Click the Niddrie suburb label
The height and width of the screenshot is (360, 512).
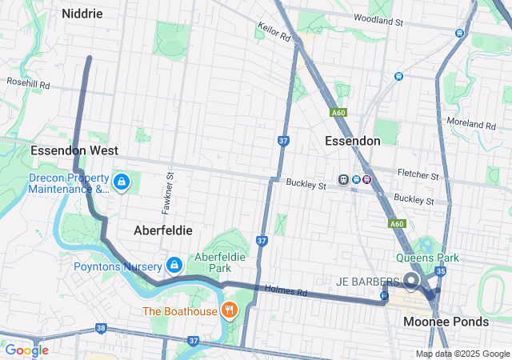82,13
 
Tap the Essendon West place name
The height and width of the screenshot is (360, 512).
74,150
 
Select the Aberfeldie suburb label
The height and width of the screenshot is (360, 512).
162,230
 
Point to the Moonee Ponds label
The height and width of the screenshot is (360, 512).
446,322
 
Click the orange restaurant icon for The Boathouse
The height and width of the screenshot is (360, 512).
230,310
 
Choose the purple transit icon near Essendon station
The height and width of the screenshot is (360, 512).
367,179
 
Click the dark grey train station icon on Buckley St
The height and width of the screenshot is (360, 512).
345,179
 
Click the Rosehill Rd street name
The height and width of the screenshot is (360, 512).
28,83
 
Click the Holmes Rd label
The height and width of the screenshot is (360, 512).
286,292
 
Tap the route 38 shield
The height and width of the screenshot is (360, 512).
100,328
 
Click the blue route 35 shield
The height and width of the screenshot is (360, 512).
439,272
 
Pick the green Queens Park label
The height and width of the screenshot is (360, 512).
427,258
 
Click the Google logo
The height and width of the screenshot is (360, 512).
27,350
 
